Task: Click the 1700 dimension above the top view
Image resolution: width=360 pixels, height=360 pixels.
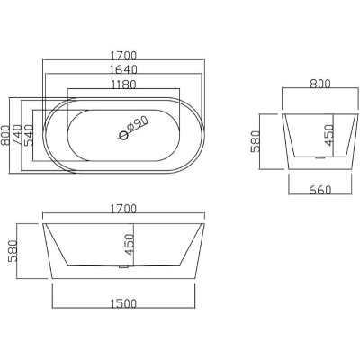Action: pyautogui.click(x=123, y=56)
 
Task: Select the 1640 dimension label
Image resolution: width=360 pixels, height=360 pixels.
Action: pyautogui.click(x=123, y=69)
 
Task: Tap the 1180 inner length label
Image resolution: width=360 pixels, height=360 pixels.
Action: pyautogui.click(x=123, y=85)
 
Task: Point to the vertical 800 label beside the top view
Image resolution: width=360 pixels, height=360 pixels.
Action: pyautogui.click(x=6, y=135)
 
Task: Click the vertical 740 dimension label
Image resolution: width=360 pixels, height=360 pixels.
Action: pyautogui.click(x=17, y=135)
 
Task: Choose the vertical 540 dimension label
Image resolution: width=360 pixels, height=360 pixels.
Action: pyautogui.click(x=28, y=135)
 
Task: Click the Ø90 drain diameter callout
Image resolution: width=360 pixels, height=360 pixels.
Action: pyautogui.click(x=137, y=124)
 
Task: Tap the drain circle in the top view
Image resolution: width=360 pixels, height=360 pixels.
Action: pyautogui.click(x=123, y=136)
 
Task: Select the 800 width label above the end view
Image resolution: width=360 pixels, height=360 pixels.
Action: pyautogui.click(x=320, y=84)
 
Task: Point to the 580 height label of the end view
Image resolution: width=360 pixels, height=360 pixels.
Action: pyautogui.click(x=256, y=141)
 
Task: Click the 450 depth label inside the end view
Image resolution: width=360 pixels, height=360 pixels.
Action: pyautogui.click(x=329, y=136)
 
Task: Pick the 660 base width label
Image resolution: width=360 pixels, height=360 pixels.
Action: pyautogui.click(x=320, y=190)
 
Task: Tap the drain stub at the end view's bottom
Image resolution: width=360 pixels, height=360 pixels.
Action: pyautogui.click(x=321, y=158)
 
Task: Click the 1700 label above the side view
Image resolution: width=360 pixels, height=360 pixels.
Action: pyautogui.click(x=123, y=209)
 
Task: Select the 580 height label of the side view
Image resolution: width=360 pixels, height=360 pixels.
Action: pyautogui.click(x=13, y=251)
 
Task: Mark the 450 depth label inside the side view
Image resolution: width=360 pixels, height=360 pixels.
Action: pyautogui.click(x=129, y=245)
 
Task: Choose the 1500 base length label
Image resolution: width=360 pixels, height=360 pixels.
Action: pyautogui.click(x=123, y=303)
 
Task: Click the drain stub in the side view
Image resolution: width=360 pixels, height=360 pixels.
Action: pyautogui.click(x=123, y=266)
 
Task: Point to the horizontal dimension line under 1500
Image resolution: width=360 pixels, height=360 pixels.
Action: pyautogui.click(x=124, y=308)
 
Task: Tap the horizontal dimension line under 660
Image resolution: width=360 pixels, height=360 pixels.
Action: pyautogui.click(x=319, y=194)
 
